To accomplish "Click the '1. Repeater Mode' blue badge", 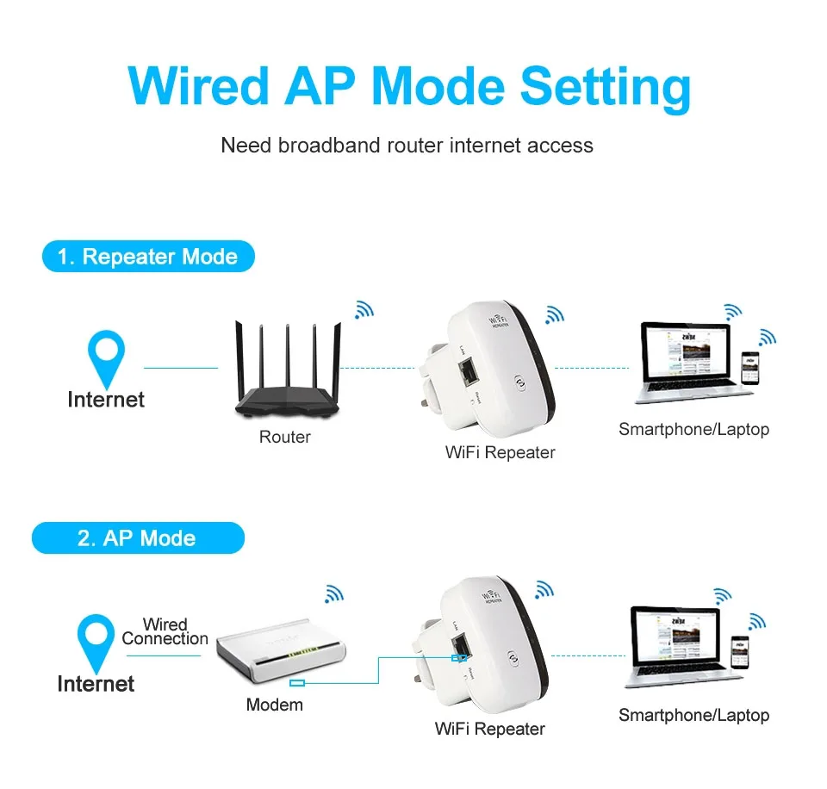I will pyautogui.click(x=148, y=257).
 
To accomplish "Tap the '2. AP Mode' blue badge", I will pyautogui.click(x=138, y=538).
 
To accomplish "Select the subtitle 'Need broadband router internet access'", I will pyautogui.click(x=407, y=145).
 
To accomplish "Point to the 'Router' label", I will pyautogui.click(x=284, y=438).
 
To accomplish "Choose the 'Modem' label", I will pyautogui.click(x=274, y=705).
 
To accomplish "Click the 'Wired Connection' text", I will pyautogui.click(x=165, y=631).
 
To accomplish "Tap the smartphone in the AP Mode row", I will pyautogui.click(x=739, y=651).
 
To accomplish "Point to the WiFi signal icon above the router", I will pyautogui.click(x=364, y=310).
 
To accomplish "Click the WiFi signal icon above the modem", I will pyautogui.click(x=333, y=593).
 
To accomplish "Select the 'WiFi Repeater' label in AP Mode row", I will pyautogui.click(x=489, y=730).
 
